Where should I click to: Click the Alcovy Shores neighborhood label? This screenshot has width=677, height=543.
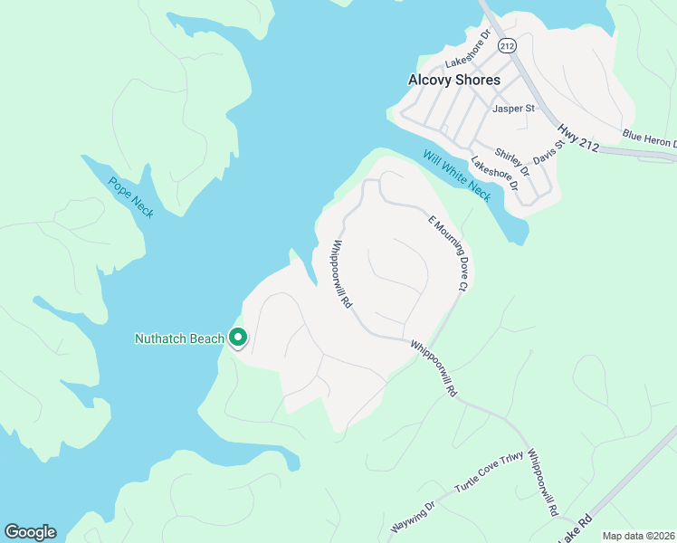453,80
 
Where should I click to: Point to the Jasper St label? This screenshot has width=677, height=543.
513,109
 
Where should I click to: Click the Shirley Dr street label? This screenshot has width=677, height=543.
512,161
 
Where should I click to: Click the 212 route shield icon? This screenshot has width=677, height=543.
507,44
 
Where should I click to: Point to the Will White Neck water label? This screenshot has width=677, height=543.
456,176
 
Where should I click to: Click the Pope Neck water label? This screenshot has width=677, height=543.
131,196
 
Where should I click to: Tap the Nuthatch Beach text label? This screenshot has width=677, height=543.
179,338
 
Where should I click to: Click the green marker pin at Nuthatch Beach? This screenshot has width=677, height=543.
238,337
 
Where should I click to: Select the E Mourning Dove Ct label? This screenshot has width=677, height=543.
446,252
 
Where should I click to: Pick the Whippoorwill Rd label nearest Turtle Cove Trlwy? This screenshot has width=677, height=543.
542,483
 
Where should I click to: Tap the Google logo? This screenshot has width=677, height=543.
30,532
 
